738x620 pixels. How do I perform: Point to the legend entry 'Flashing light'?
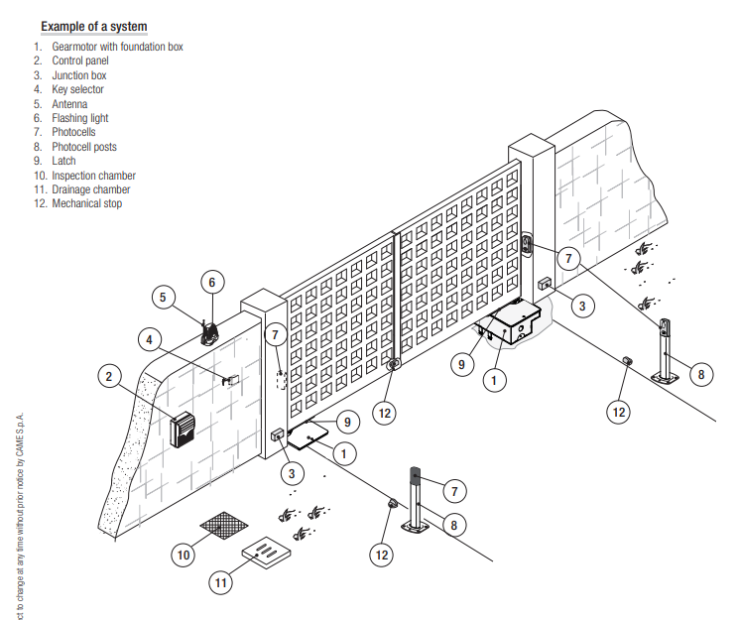click(80, 118)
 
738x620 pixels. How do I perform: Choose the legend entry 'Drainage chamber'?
click(90, 189)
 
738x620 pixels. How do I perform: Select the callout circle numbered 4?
click(150, 339)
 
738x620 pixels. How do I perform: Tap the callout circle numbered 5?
click(164, 296)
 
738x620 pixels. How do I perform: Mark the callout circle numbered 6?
click(210, 283)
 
